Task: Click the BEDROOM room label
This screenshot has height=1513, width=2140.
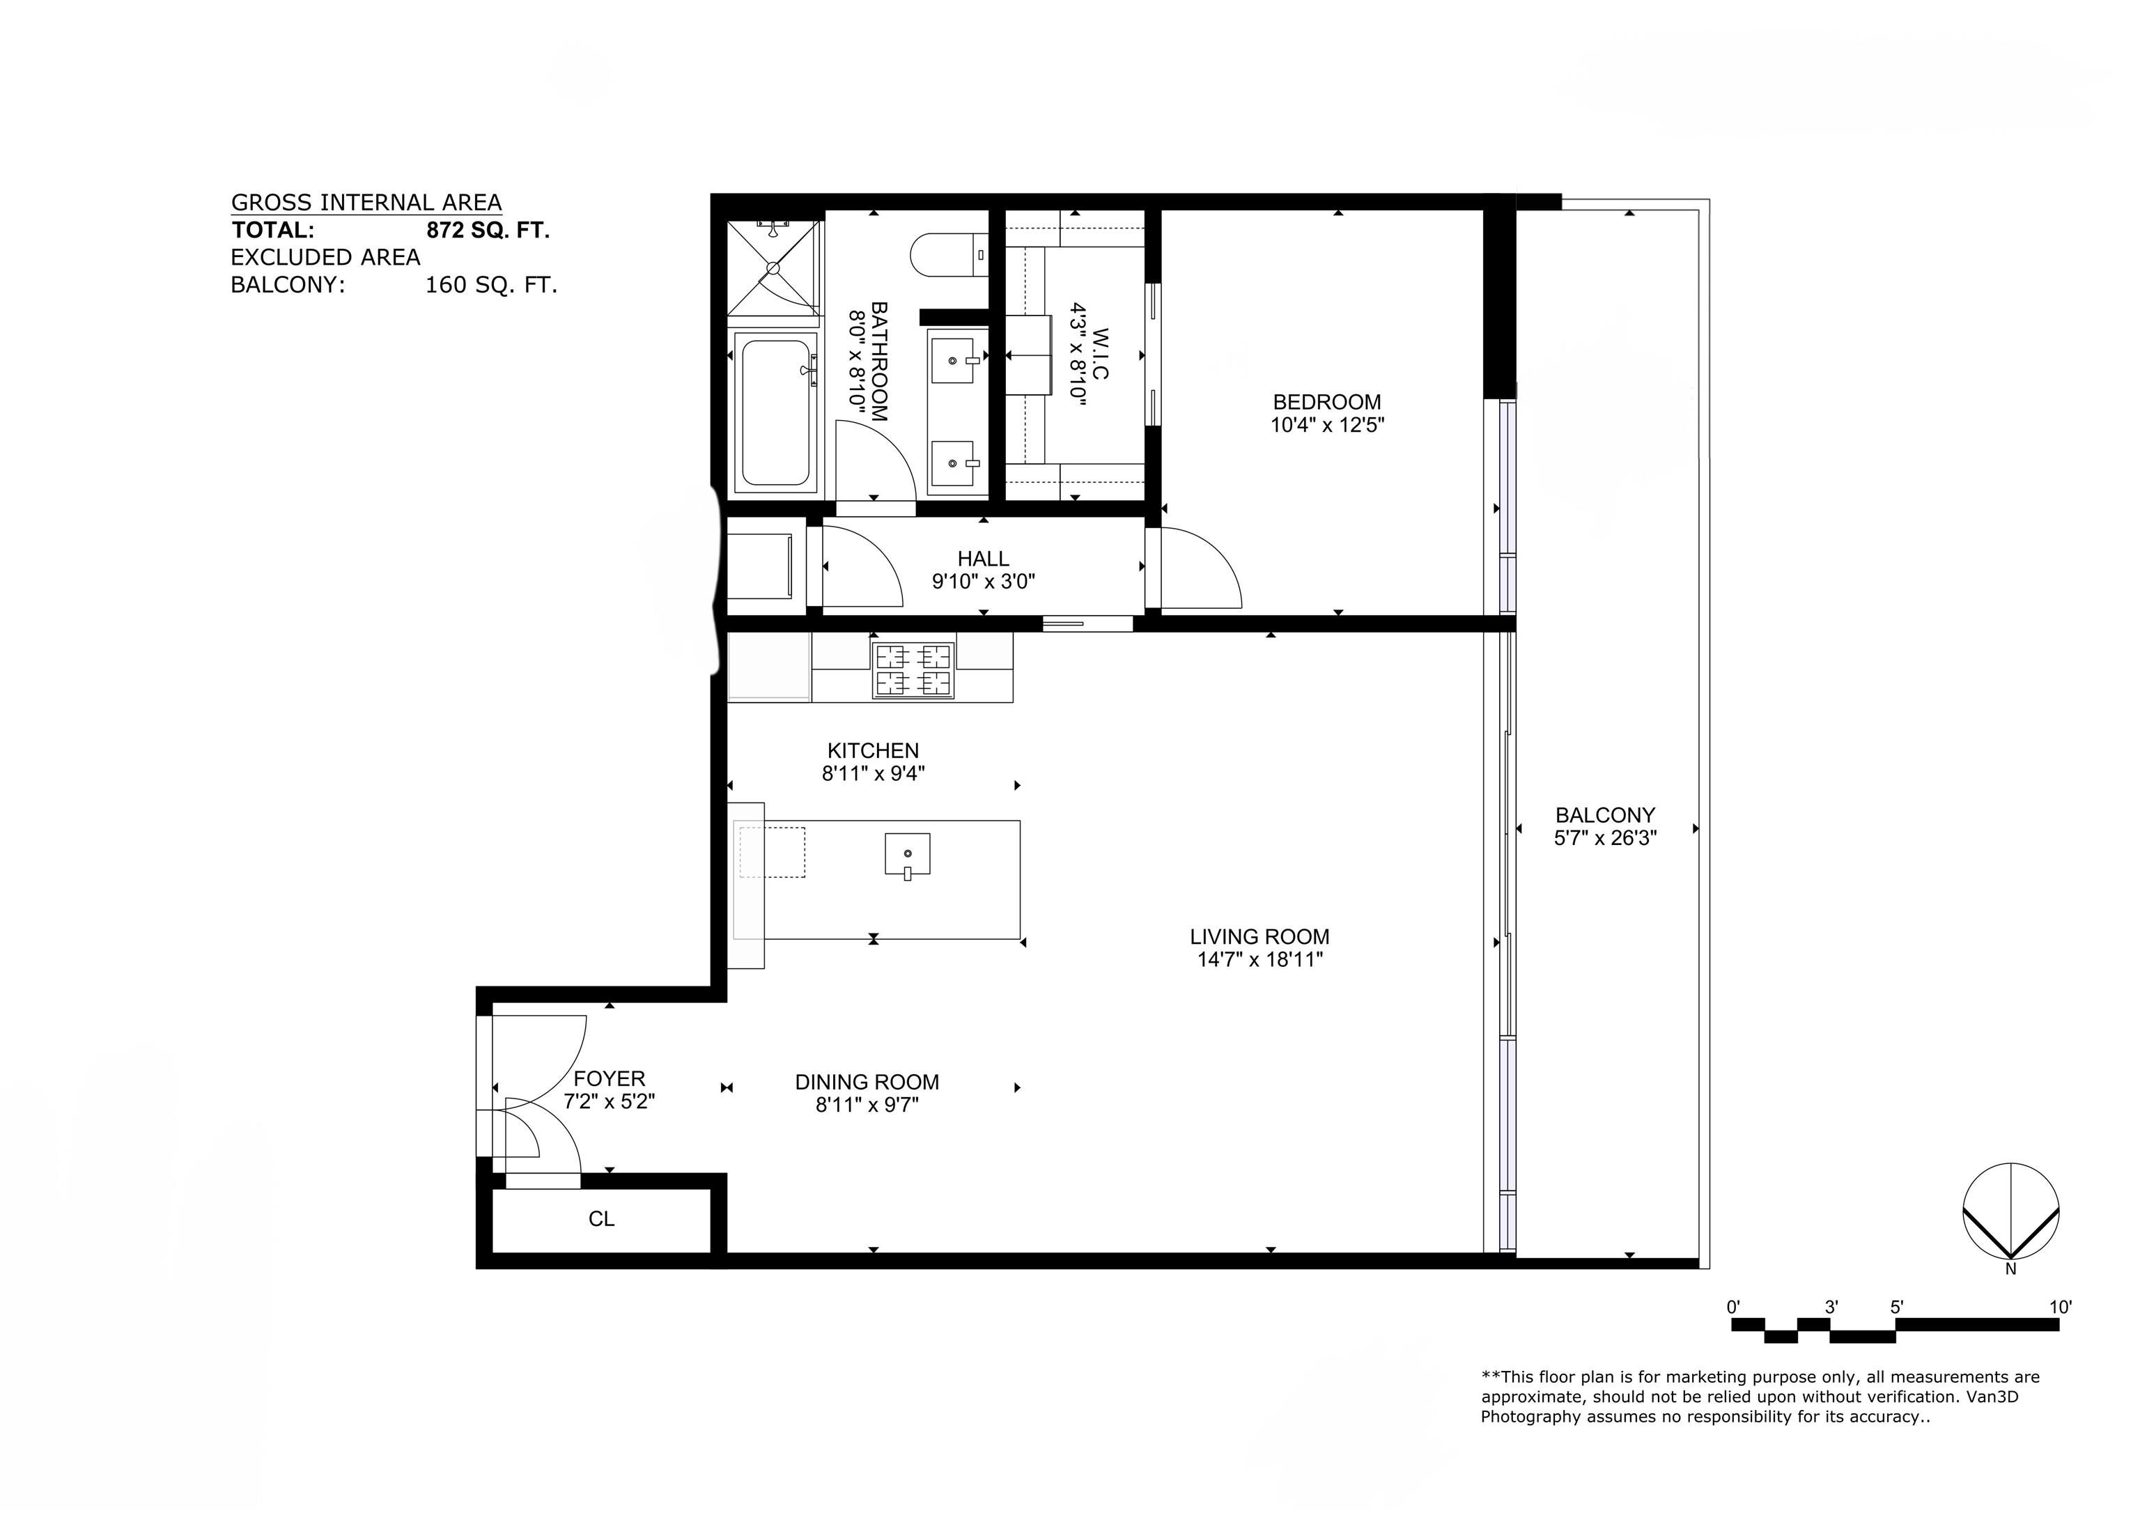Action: click(x=1326, y=402)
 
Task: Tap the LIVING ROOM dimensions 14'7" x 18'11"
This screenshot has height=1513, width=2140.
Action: click(x=1260, y=959)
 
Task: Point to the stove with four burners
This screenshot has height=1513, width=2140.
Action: click(x=913, y=670)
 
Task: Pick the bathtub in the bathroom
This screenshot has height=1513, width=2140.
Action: click(x=775, y=412)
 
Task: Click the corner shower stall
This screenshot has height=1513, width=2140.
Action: click(x=774, y=267)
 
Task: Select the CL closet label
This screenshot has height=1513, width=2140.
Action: click(x=601, y=1219)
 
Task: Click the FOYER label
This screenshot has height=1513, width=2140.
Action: click(x=610, y=1078)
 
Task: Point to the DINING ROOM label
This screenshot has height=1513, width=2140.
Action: click(x=867, y=1083)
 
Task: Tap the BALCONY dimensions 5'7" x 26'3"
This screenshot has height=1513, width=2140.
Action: click(x=1605, y=838)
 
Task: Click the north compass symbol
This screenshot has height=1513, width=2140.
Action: click(x=2010, y=1212)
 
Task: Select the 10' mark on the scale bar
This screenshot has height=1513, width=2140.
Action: click(x=2060, y=1307)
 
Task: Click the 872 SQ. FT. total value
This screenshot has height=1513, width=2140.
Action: click(x=488, y=231)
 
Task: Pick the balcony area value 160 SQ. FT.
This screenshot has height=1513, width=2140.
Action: click(x=491, y=286)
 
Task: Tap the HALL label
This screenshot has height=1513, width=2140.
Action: click(x=984, y=559)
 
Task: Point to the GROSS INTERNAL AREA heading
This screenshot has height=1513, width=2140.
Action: click(x=366, y=202)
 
